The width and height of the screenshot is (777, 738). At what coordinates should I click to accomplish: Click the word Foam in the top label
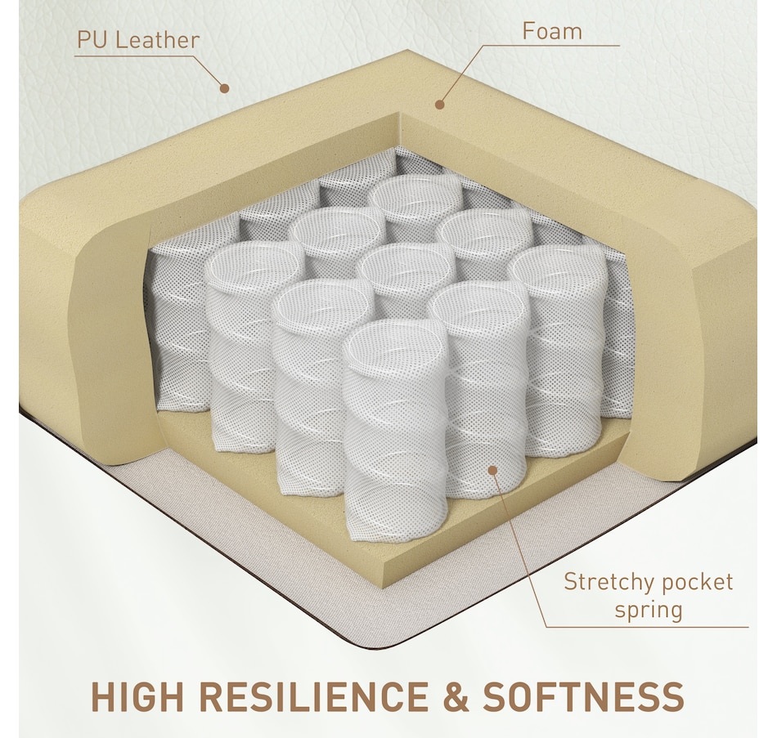coord(552,31)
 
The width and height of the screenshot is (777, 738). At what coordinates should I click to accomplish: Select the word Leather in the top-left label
coord(157,40)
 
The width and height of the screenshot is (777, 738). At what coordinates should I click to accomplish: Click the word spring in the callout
coord(649,610)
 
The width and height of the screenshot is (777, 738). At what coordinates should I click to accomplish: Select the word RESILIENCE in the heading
coord(314,697)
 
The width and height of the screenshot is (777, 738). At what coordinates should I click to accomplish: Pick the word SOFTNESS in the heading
coord(584,697)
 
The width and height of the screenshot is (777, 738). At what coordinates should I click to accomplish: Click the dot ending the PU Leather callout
coord(224,88)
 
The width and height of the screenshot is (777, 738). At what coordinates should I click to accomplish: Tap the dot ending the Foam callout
coord(439,105)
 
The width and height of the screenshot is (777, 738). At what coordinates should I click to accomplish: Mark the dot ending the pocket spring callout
coord(492,470)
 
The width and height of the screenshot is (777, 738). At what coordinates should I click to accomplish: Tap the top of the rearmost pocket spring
coord(416,195)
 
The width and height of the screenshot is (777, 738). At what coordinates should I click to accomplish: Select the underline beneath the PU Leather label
coord(132,56)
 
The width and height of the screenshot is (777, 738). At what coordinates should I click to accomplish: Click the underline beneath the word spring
coord(647,627)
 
